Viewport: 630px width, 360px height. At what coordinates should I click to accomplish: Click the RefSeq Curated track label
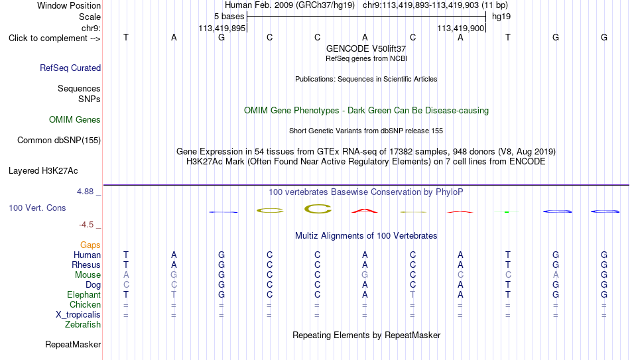click(70, 68)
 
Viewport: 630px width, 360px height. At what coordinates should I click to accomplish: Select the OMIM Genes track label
click(75, 120)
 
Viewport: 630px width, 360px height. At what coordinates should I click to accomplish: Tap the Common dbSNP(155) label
click(59, 141)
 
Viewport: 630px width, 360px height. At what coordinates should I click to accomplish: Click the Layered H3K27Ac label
click(43, 171)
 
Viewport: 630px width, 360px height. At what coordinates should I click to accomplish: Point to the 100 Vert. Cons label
click(37, 208)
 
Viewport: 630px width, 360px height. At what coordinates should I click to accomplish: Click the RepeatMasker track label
click(73, 344)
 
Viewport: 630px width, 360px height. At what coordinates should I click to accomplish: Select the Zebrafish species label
click(83, 324)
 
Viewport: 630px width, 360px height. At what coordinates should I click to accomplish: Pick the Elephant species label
click(84, 294)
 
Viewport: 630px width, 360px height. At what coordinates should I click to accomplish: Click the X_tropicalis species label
click(78, 315)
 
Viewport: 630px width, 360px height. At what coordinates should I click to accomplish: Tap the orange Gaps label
click(90, 245)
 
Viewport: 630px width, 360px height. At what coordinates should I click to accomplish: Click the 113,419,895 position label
click(221, 28)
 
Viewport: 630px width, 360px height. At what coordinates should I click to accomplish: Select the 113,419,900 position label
click(460, 28)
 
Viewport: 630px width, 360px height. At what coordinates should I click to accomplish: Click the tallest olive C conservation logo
click(318, 209)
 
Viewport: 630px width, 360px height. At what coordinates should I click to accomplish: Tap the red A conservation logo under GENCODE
click(365, 210)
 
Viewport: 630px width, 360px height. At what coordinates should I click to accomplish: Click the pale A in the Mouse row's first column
click(126, 275)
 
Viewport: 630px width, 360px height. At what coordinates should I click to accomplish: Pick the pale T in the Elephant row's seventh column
click(412, 294)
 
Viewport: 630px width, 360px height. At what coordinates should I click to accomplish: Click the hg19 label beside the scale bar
click(501, 17)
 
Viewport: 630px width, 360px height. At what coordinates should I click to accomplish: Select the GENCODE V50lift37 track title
click(366, 48)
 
